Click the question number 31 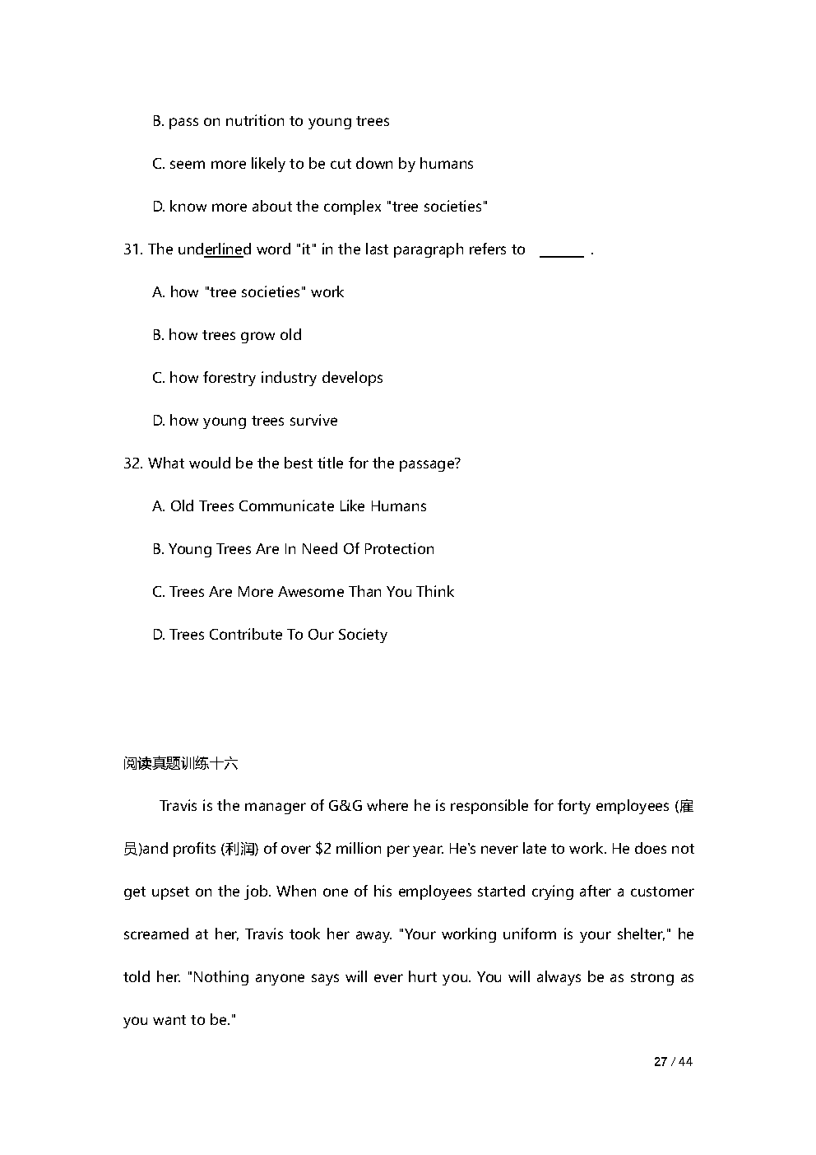click(132, 249)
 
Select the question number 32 click(132, 463)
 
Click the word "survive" click(313, 421)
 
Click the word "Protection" click(399, 549)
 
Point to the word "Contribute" click(245, 635)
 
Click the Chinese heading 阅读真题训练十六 click(180, 763)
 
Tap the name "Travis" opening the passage click(178, 806)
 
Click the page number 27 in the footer click(660, 1062)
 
